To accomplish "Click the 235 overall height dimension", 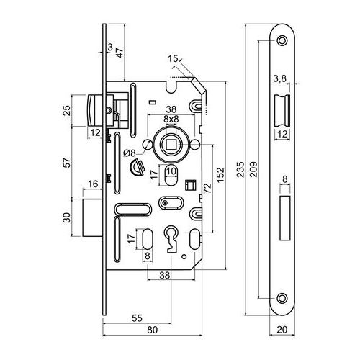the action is [x=240, y=169].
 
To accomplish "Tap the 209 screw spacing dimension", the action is [x=253, y=169].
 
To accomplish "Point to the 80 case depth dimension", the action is [x=153, y=330].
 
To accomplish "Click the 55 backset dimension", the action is [x=137, y=318].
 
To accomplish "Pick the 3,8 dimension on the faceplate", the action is [x=279, y=78].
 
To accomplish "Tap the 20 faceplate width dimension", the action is [x=282, y=330].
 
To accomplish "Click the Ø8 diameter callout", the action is [x=130, y=153].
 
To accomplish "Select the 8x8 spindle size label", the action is [x=171, y=119].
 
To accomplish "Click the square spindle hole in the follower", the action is [x=171, y=145].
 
